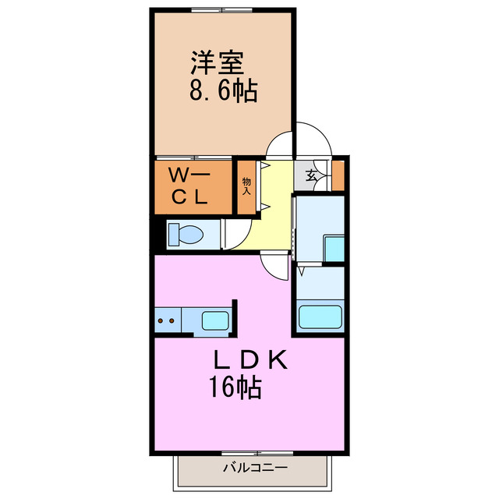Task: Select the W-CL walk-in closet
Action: tap(191, 186)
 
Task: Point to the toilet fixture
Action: tap(186, 233)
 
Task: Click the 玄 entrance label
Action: tap(311, 175)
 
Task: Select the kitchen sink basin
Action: tap(215, 320)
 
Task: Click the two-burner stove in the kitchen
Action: tap(166, 320)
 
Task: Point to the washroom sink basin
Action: tap(334, 249)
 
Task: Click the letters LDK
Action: tap(251, 361)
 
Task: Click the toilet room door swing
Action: tap(235, 234)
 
